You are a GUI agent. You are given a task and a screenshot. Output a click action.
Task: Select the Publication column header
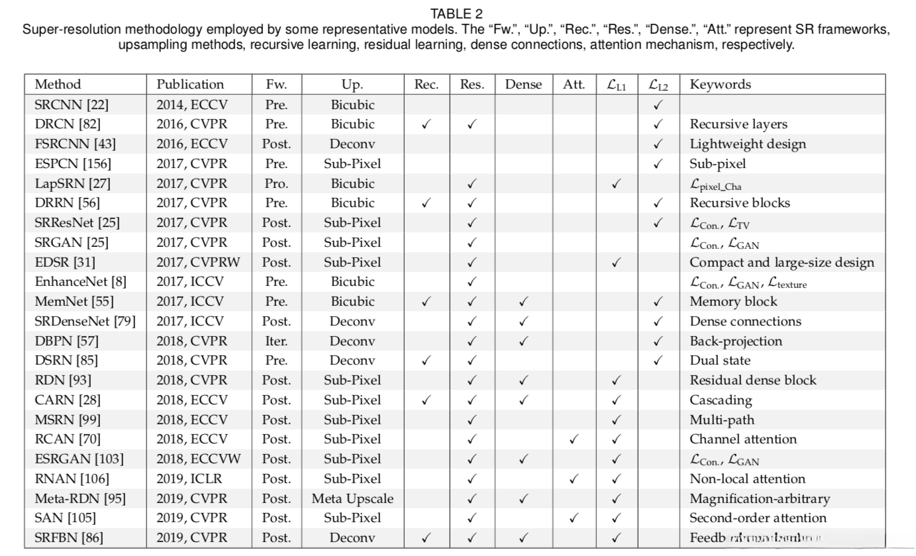coord(190,84)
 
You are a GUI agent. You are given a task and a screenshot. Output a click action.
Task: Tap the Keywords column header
coord(720,84)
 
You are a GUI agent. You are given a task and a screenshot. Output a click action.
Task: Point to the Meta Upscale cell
coord(352,498)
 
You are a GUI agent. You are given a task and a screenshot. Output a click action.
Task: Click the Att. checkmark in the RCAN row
coord(574,440)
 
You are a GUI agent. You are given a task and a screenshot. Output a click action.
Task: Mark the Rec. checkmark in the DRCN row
coord(427,124)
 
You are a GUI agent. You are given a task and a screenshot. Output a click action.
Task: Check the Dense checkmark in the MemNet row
coord(523,302)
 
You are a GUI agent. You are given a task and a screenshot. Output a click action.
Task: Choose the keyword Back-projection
coord(736,341)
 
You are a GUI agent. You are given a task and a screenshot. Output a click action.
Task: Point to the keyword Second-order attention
coord(758,518)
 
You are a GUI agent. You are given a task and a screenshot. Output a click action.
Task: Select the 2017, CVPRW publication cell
coord(198,262)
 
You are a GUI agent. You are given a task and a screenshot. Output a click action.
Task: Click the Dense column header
coord(523,84)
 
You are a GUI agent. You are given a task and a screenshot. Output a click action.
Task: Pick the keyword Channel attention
coord(743,439)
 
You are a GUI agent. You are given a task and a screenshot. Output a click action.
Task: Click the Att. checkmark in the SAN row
coord(574,518)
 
